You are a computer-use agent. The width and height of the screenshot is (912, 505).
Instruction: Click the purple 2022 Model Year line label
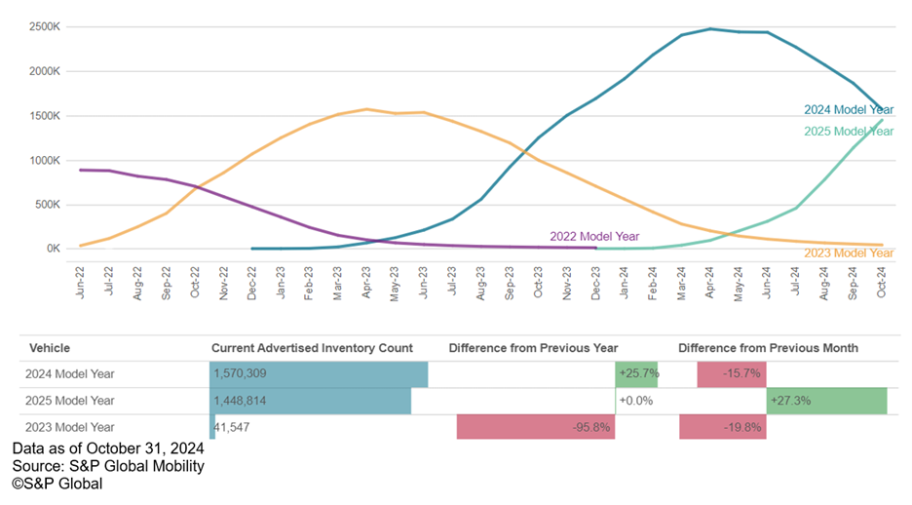(593, 236)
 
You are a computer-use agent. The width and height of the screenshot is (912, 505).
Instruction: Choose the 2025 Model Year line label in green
(849, 132)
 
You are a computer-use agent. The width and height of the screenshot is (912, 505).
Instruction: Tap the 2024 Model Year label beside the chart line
(849, 110)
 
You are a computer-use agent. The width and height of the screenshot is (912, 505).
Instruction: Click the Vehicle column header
(50, 348)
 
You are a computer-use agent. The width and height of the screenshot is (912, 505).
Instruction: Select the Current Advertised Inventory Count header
(312, 348)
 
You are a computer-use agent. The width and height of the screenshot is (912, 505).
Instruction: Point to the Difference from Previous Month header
(769, 348)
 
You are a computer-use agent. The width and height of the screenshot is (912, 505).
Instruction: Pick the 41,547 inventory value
(240, 427)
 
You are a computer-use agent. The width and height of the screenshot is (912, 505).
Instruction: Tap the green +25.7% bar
(637, 374)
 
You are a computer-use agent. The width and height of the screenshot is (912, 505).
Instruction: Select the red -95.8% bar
(536, 427)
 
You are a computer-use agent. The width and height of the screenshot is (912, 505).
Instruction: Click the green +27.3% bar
(827, 401)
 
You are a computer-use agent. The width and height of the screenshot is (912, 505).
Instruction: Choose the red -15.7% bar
(732, 374)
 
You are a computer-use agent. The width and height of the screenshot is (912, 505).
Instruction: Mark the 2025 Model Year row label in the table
(72, 401)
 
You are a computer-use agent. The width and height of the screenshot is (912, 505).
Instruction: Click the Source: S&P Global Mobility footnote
(108, 466)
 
